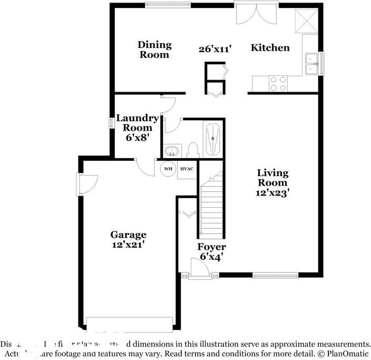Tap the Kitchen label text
270,48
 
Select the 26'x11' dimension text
216,49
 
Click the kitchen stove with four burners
278,83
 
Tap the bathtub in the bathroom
212,139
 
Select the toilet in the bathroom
192,150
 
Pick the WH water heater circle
168,169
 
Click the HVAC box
187,169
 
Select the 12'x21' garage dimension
128,245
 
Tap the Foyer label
211,247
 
